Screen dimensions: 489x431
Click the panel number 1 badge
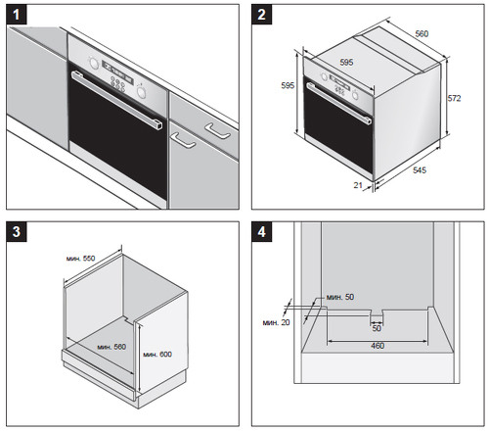click(x=16, y=15)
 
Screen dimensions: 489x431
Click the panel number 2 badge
click(x=261, y=15)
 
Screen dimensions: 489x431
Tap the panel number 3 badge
click(x=17, y=232)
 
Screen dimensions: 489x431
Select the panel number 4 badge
click(x=262, y=232)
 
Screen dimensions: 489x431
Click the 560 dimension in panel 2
click(x=422, y=33)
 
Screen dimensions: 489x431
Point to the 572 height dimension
click(x=454, y=98)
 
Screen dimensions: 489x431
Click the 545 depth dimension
click(x=420, y=169)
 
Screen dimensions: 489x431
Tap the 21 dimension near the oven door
click(x=358, y=185)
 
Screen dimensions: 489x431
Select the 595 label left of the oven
click(x=288, y=85)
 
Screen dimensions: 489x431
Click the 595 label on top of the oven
click(x=346, y=62)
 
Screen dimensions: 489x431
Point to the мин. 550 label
click(x=80, y=259)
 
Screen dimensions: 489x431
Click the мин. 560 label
click(x=111, y=347)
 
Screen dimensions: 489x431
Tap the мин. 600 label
click(x=157, y=355)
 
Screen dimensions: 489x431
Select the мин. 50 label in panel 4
click(x=340, y=297)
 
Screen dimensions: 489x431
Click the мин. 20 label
click(x=276, y=322)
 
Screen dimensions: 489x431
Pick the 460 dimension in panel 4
click(x=378, y=346)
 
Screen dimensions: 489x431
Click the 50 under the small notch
click(x=377, y=328)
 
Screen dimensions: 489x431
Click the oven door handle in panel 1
click(x=116, y=100)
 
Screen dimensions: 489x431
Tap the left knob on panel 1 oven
click(x=93, y=63)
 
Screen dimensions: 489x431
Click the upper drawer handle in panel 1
click(x=218, y=130)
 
